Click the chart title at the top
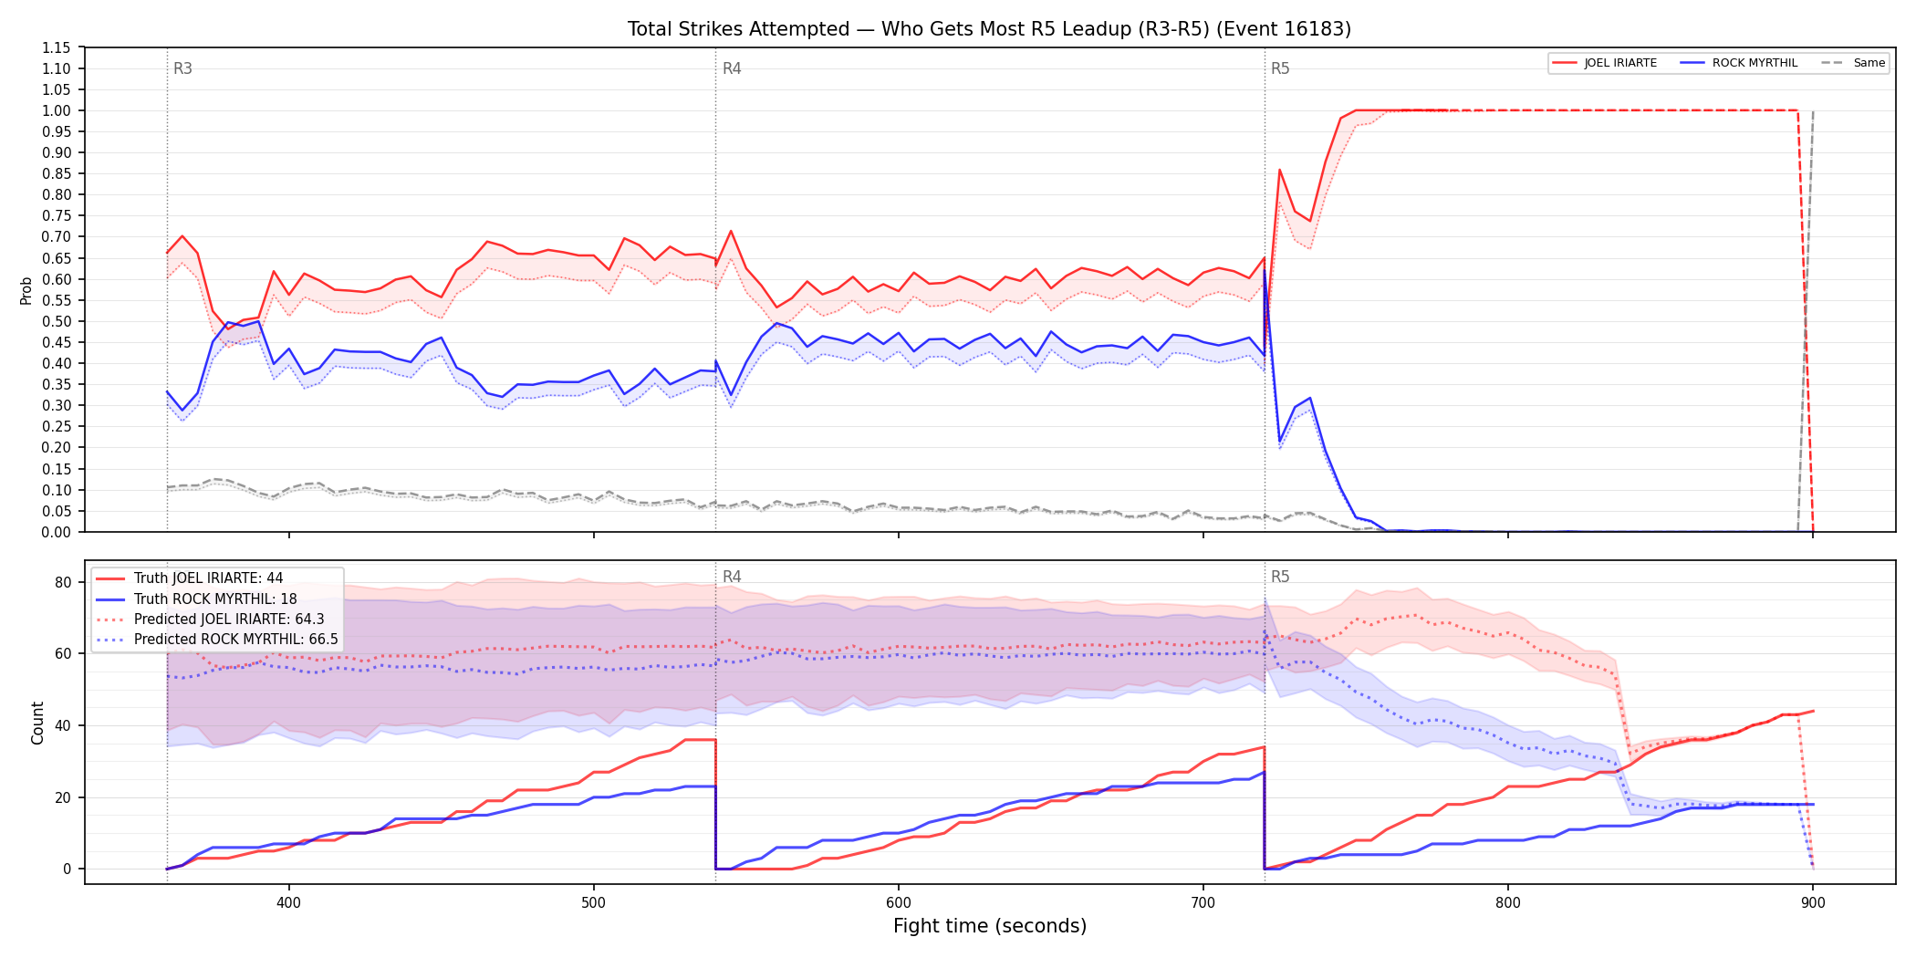coord(989,29)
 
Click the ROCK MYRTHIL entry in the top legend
coord(1738,63)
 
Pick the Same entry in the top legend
coord(1853,63)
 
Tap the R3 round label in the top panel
coord(182,68)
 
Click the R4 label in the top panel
coord(732,68)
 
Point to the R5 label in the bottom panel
coord(1280,577)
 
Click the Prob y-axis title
coord(26,290)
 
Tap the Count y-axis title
coord(37,723)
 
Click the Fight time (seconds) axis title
coord(990,926)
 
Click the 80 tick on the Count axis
coord(63,582)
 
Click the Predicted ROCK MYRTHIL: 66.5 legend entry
coord(217,640)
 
